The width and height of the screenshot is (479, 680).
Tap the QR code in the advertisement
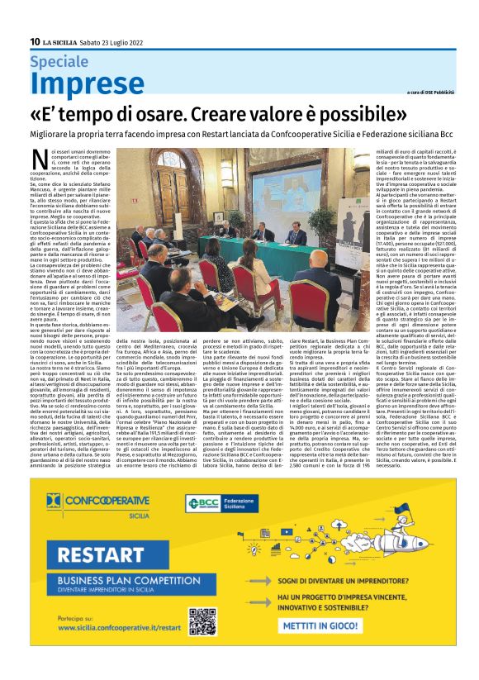(x=202, y=621)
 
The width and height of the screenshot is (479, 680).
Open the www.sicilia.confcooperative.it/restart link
(x=111, y=627)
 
